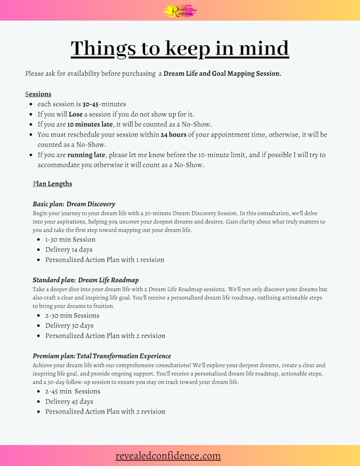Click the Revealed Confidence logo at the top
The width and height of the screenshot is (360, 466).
click(x=179, y=10)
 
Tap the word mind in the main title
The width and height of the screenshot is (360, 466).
click(x=263, y=48)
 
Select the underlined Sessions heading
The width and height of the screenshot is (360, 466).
click(x=38, y=94)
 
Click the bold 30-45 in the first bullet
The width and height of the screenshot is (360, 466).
click(x=91, y=104)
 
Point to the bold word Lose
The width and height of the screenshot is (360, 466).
click(x=76, y=114)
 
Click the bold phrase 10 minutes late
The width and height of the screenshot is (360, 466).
click(x=90, y=124)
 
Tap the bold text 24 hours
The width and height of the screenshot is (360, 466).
click(x=173, y=135)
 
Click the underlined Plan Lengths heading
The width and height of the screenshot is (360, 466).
click(x=52, y=184)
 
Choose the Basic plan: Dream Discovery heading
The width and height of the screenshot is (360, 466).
click(x=74, y=204)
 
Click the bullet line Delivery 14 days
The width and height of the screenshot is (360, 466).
click(x=69, y=249)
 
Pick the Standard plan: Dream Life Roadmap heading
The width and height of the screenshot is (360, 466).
click(x=85, y=280)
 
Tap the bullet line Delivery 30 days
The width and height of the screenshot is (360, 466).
click(x=69, y=326)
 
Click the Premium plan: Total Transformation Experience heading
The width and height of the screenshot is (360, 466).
click(x=102, y=356)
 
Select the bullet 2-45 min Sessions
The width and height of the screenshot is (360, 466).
click(x=73, y=391)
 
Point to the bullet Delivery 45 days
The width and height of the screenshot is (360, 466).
click(x=69, y=401)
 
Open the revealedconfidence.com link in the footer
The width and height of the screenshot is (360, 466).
click(x=168, y=456)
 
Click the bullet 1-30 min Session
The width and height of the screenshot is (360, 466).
click(x=70, y=239)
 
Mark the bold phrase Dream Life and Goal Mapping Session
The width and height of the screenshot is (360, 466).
click(x=222, y=74)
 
